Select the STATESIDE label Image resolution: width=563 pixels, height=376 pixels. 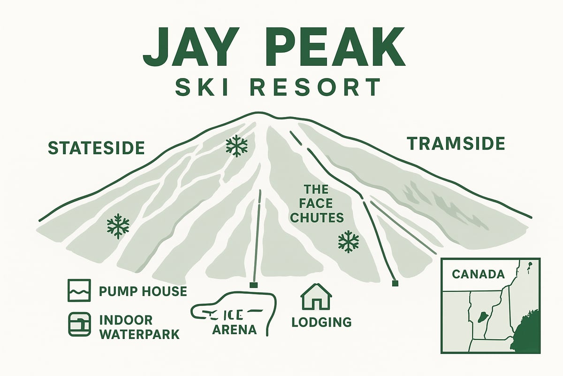[x=96, y=148]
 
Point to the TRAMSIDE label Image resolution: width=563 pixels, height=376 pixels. [x=456, y=143]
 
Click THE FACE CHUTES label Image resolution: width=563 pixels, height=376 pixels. [x=324, y=204]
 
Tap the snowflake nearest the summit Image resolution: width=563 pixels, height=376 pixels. [x=236, y=147]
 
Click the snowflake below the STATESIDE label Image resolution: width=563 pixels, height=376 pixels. [x=118, y=226]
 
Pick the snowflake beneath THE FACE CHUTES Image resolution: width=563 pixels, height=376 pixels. [x=348, y=242]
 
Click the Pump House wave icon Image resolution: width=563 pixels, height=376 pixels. [x=78, y=291]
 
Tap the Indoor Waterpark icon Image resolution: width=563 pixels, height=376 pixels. [x=78, y=324]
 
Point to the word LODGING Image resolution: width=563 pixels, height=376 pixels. [x=321, y=322]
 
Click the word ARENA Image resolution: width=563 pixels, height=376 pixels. [x=235, y=329]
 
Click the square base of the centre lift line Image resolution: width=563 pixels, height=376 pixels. [x=253, y=285]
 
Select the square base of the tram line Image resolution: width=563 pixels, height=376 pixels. [x=395, y=283]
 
